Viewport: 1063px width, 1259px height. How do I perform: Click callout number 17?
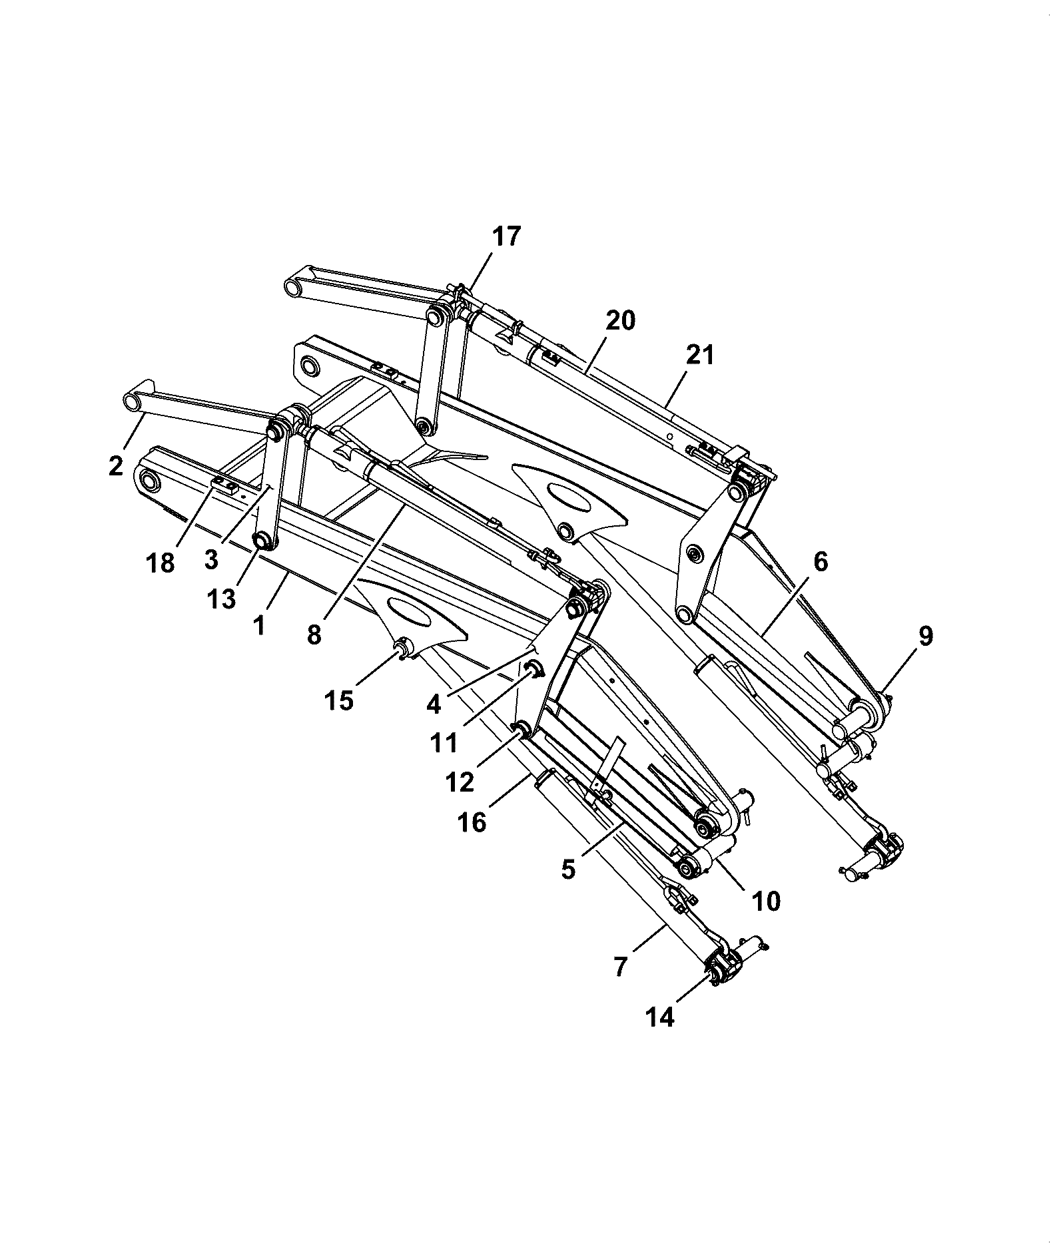pyautogui.click(x=507, y=237)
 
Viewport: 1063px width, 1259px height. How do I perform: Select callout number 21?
pyautogui.click(x=700, y=356)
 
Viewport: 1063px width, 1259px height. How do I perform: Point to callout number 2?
pyautogui.click(x=116, y=466)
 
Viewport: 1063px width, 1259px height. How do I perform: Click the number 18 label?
pyautogui.click(x=160, y=563)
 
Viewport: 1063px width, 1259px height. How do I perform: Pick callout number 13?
pyautogui.click(x=221, y=599)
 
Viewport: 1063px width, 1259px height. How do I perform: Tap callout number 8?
pyautogui.click(x=314, y=635)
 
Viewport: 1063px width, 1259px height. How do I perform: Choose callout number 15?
pyautogui.click(x=339, y=700)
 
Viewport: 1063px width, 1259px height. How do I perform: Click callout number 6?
pyautogui.click(x=821, y=563)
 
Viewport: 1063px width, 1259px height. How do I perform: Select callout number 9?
pyautogui.click(x=925, y=636)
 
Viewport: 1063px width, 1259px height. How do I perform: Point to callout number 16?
pyautogui.click(x=472, y=823)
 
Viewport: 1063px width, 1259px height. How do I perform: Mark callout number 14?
pyautogui.click(x=660, y=1017)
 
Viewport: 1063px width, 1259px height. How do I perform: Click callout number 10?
pyautogui.click(x=766, y=901)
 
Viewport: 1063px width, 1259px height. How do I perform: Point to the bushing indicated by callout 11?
pyautogui.click(x=533, y=668)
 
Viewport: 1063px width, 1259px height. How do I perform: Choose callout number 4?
pyautogui.click(x=434, y=704)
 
